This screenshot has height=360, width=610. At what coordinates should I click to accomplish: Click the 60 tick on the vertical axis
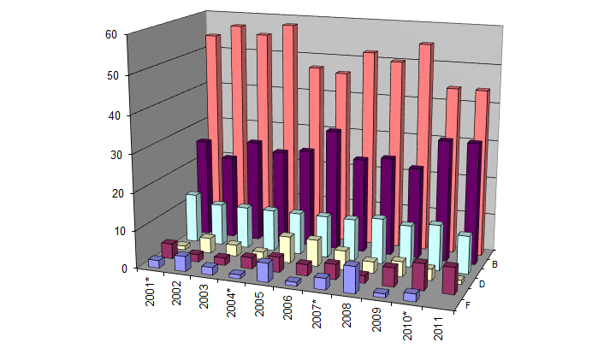[x=111, y=34]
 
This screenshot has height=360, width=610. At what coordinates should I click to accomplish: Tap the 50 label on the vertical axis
[x=111, y=74]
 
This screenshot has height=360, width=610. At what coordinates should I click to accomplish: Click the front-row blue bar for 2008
[x=352, y=279]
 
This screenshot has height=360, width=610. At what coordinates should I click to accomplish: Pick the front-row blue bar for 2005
[x=265, y=271]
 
